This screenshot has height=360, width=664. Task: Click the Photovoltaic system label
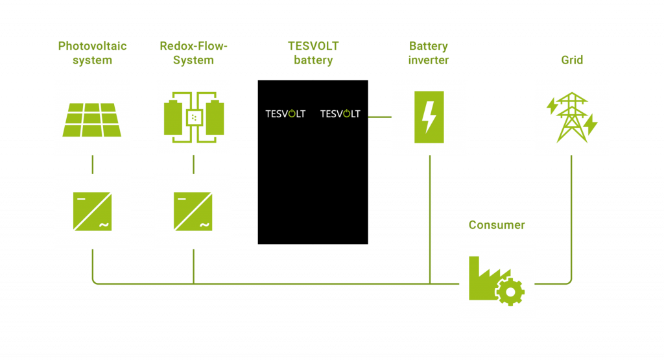click(x=92, y=53)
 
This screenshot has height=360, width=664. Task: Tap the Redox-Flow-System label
click(x=193, y=53)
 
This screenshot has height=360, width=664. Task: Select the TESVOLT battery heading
click(x=313, y=53)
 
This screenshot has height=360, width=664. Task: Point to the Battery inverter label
click(x=429, y=53)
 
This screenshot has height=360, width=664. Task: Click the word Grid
click(x=572, y=60)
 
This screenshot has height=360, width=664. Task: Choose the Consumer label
click(x=497, y=226)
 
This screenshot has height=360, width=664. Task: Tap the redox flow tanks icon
click(x=193, y=117)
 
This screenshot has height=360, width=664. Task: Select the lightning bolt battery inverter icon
click(x=429, y=117)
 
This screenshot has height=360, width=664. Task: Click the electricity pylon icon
click(x=572, y=117)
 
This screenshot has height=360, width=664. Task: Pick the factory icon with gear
click(x=497, y=281)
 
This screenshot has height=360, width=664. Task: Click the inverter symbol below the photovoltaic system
click(x=92, y=211)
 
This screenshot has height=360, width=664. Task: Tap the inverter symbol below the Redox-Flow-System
click(x=193, y=211)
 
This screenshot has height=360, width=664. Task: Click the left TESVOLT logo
click(x=285, y=114)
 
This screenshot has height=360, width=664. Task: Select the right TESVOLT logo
click(x=340, y=114)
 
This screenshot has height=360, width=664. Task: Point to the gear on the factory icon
click(x=510, y=293)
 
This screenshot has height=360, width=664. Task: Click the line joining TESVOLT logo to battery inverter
click(x=379, y=117)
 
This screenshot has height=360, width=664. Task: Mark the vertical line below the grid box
click(x=571, y=214)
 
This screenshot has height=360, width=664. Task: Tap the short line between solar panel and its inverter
click(x=92, y=164)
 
